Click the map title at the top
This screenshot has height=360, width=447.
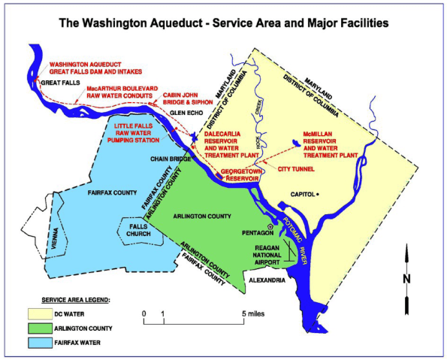pyautogui.click(x=224, y=23)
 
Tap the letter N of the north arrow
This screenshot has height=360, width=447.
pyautogui.click(x=406, y=279)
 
